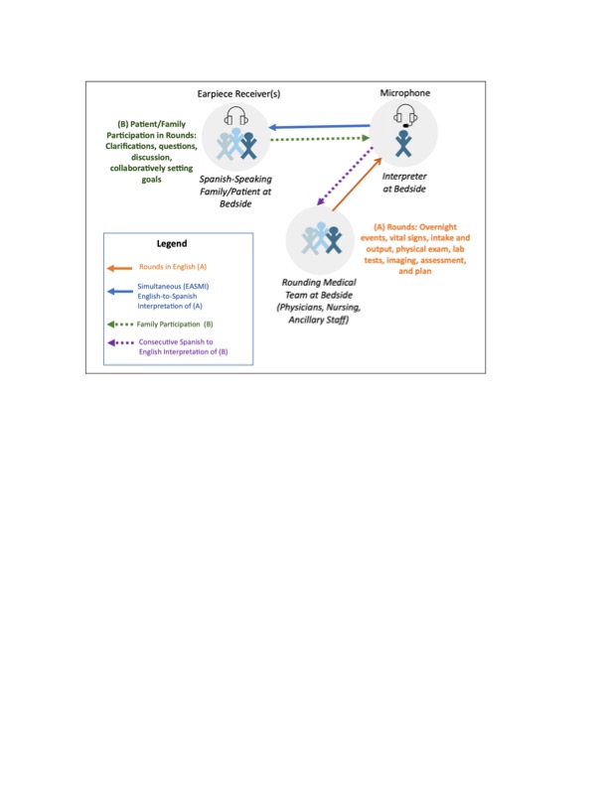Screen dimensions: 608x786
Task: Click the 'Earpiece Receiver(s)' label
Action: pos(238,93)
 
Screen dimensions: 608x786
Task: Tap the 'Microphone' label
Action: pos(404,92)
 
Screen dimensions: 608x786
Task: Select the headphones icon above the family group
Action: pos(235,116)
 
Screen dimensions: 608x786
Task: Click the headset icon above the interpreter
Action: pos(405,115)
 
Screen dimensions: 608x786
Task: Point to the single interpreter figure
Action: pos(403,143)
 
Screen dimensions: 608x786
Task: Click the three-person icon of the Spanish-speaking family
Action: pos(236,144)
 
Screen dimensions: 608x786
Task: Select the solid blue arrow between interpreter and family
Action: pos(320,126)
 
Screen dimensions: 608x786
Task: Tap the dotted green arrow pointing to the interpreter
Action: pos(320,138)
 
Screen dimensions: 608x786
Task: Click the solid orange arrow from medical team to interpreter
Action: pos(357,185)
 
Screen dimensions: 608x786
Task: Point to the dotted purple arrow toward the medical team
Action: pos(345,176)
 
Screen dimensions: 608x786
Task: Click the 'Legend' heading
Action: pos(172,243)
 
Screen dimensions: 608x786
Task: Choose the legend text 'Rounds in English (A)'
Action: pos(173,267)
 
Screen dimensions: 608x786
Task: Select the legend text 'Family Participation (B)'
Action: pos(175,325)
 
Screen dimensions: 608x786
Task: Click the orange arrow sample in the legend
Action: pos(119,268)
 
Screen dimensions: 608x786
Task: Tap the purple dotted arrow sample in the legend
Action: pos(120,342)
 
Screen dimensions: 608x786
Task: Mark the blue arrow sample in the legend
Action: pos(120,291)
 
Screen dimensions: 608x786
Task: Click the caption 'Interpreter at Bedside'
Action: pos(404,183)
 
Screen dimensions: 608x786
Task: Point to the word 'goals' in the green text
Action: pos(151,180)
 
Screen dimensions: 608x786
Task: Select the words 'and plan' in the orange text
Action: pos(415,271)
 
